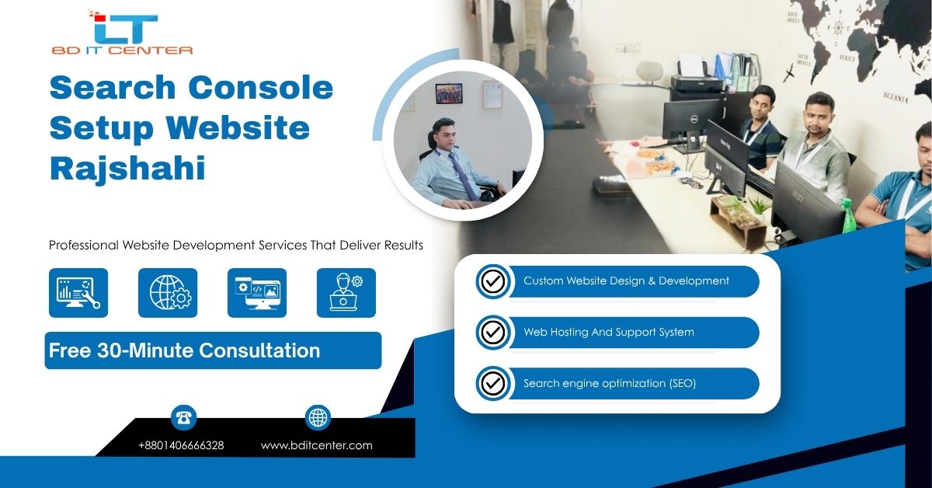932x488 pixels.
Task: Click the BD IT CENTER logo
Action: point(122,33)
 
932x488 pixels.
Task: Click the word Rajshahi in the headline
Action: point(127,168)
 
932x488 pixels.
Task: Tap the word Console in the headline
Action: point(261,88)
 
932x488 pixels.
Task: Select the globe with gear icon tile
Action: point(168,293)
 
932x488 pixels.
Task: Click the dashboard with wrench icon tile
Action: point(78,293)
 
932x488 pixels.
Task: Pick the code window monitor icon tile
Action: point(257,293)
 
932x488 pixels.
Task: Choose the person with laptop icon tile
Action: point(346,293)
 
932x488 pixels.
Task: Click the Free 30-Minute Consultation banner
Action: point(213,350)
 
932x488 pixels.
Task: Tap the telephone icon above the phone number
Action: point(183,417)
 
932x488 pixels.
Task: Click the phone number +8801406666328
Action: point(181,445)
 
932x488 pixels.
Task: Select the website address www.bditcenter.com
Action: point(317,445)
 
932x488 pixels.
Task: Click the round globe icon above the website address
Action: point(318,417)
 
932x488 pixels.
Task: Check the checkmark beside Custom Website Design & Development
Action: point(493,281)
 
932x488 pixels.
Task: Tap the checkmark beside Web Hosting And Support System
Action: point(493,333)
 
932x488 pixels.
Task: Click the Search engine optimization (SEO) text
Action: point(610,383)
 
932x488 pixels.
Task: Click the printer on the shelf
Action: point(699,77)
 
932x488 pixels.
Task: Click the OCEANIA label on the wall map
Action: point(895,97)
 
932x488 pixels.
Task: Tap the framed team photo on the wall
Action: point(449,93)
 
